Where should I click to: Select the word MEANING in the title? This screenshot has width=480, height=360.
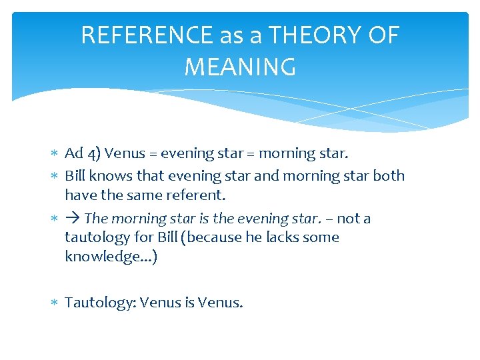coord(240,67)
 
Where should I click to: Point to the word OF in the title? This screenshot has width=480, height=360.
coord(383,35)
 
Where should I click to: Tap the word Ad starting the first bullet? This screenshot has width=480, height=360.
coord(73,153)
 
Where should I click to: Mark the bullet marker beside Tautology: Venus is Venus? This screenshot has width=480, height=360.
coord(55,303)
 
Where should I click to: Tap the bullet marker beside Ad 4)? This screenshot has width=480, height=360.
coord(55,154)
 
